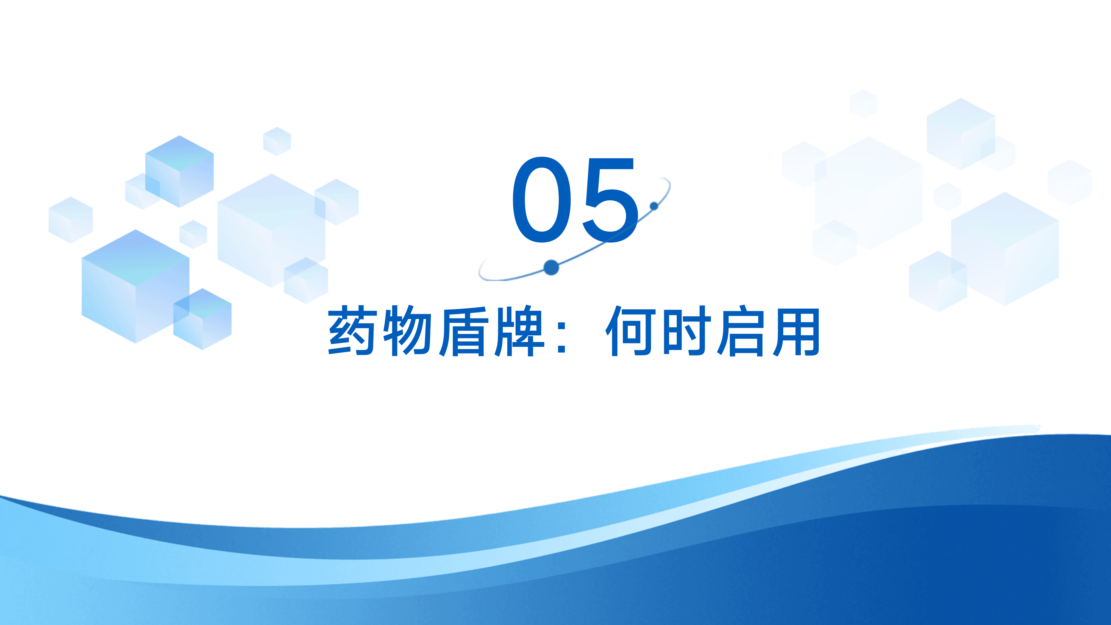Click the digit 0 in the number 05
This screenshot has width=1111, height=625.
pyautogui.click(x=542, y=199)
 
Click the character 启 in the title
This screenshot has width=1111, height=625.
pyautogui.click(x=741, y=331)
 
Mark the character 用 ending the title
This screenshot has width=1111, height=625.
pyautogui.click(x=796, y=331)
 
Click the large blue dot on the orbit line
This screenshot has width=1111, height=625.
pyautogui.click(x=551, y=267)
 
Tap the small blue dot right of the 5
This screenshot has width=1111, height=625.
pyautogui.click(x=654, y=206)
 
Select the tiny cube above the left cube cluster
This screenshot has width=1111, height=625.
pyautogui.click(x=277, y=141)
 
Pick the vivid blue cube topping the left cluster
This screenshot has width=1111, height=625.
pyautogui.click(x=179, y=171)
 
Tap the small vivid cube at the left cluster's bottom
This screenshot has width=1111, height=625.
pyautogui.click(x=202, y=319)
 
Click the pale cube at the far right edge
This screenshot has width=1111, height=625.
pyautogui.click(x=1070, y=182)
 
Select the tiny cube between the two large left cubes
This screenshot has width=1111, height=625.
pyautogui.click(x=193, y=234)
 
